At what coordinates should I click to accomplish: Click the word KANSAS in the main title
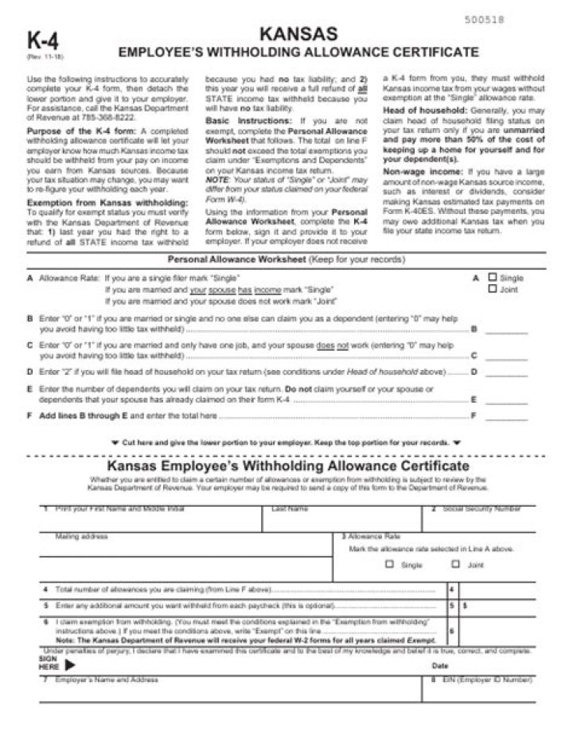click(x=298, y=33)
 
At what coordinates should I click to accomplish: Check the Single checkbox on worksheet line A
click(x=492, y=278)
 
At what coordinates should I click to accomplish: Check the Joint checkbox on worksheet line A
click(x=492, y=289)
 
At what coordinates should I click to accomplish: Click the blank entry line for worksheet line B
click(x=506, y=329)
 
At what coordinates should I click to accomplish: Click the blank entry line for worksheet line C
click(x=506, y=356)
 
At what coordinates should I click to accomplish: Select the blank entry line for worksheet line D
click(x=506, y=372)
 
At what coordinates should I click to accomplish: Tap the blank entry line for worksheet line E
click(x=506, y=399)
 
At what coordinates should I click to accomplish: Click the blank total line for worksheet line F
click(x=506, y=416)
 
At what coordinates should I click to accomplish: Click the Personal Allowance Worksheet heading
click(x=236, y=259)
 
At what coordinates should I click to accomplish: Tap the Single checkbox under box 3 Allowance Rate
click(x=389, y=564)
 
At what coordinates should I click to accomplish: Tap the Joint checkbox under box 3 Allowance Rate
click(x=455, y=564)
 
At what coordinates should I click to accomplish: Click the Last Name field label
click(x=290, y=508)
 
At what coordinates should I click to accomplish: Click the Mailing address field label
click(x=81, y=536)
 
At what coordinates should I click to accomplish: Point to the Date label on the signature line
click(x=440, y=665)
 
